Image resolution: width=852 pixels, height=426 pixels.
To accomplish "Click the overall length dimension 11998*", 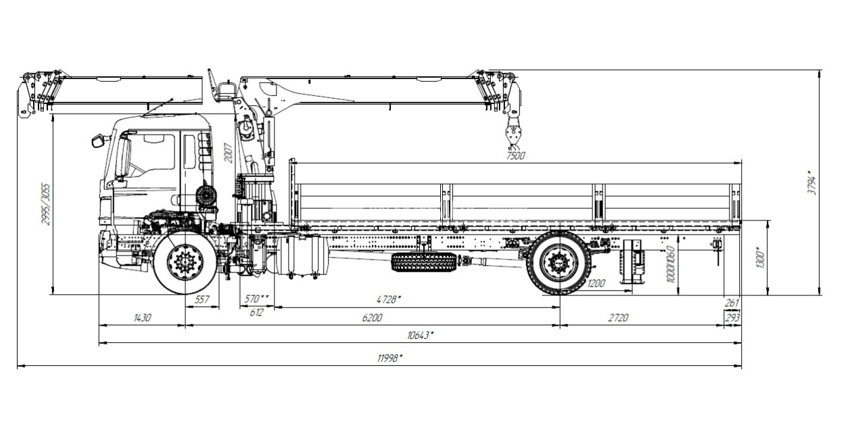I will click(390, 358).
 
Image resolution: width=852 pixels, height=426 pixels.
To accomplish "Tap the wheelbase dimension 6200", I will click(372, 317).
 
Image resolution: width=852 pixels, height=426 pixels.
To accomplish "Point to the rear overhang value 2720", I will click(619, 317).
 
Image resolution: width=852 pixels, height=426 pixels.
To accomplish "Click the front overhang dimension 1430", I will click(142, 317).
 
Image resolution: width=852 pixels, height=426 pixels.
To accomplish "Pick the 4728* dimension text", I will click(389, 299).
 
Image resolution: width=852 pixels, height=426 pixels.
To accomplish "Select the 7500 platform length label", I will click(515, 156).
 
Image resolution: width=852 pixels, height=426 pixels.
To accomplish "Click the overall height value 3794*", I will click(813, 183).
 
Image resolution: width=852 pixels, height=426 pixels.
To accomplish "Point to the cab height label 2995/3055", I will click(45, 203).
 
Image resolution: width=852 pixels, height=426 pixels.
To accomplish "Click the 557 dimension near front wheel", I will click(202, 299).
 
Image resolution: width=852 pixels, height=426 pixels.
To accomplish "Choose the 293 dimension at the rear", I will click(732, 317).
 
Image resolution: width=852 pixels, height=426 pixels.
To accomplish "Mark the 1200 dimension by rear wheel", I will click(596, 283).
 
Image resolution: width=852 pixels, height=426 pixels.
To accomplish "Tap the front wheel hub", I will click(185, 262).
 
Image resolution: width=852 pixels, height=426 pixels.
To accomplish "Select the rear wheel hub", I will click(559, 262).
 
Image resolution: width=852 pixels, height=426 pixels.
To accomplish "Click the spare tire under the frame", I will click(424, 262).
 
